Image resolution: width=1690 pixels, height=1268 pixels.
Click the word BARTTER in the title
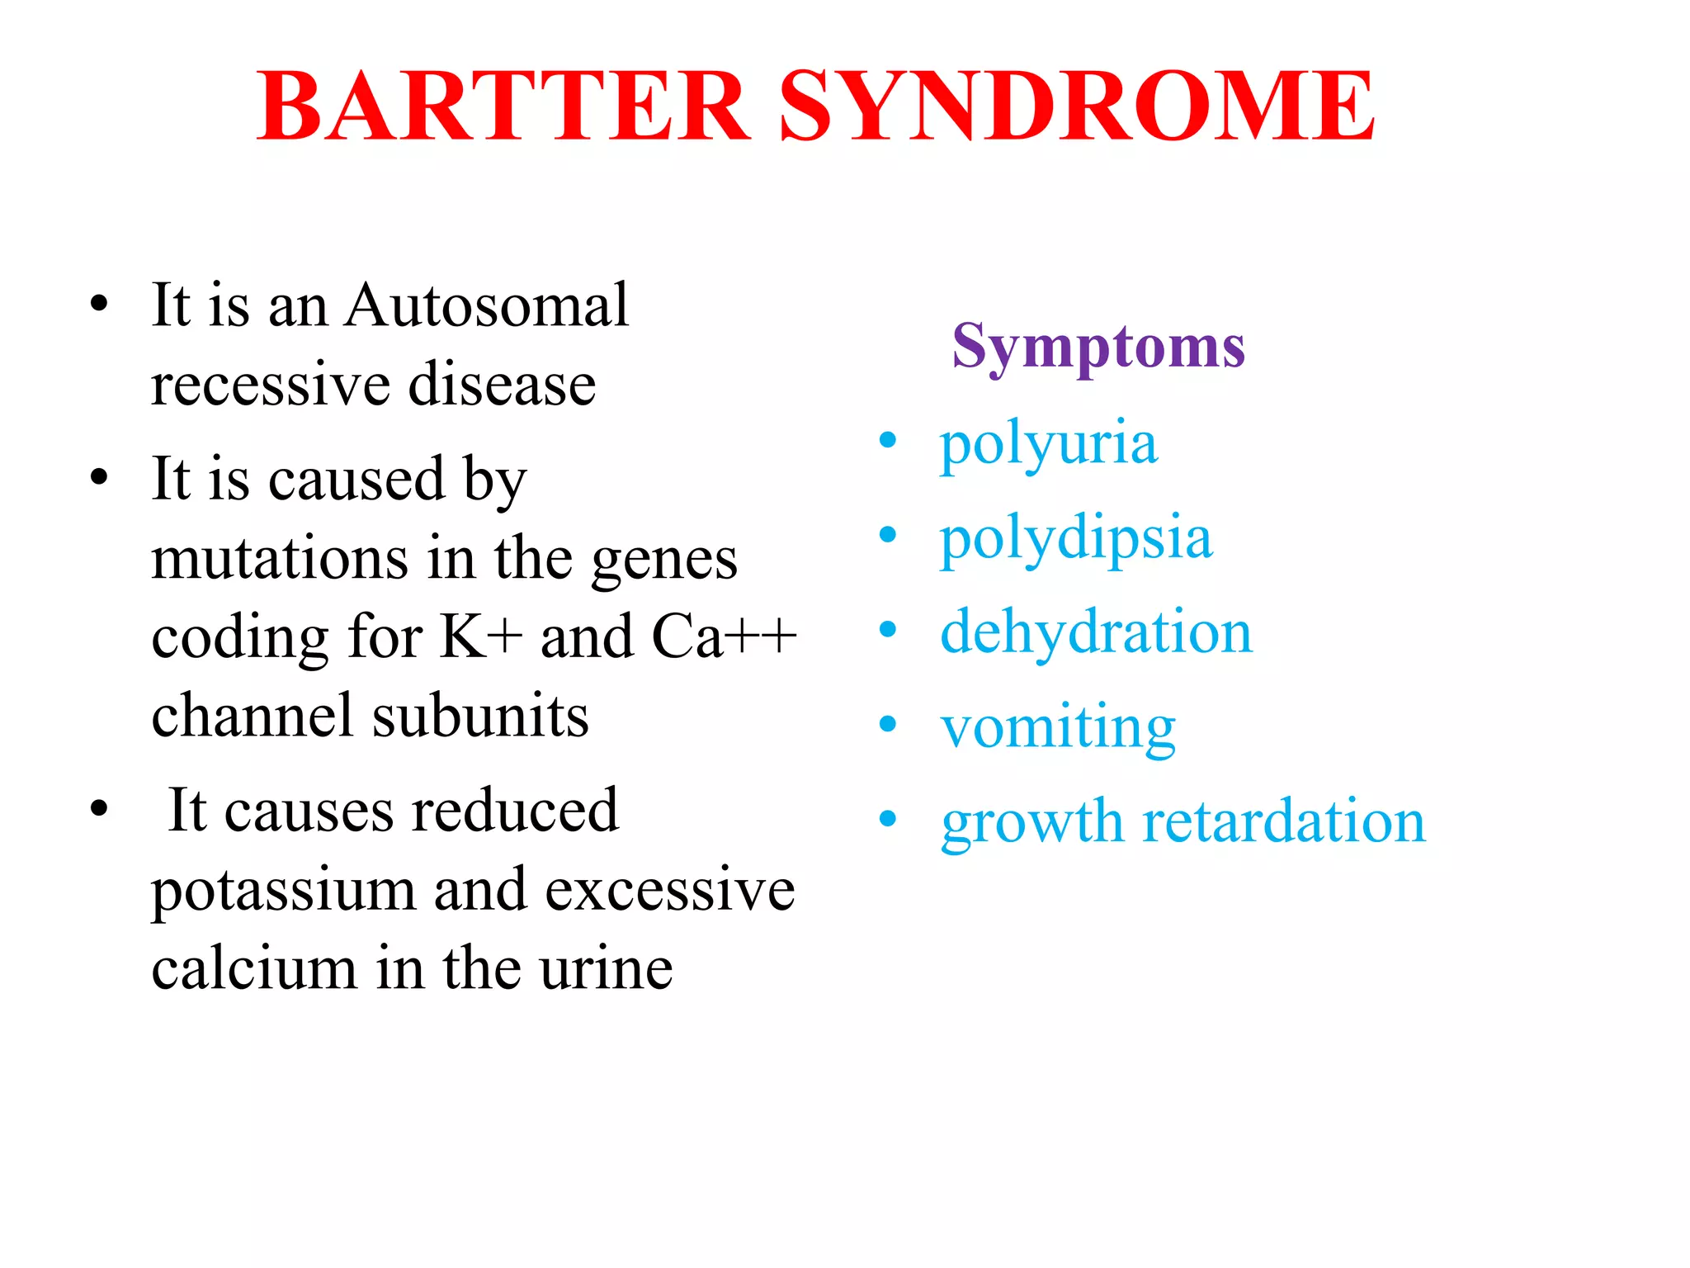click(503, 107)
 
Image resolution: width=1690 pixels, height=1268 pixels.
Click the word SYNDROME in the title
click(1077, 107)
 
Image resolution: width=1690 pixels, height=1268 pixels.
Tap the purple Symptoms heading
click(1098, 347)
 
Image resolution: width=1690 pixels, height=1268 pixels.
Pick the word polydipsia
click(1076, 539)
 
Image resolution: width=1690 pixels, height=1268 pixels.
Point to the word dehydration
click(1096, 632)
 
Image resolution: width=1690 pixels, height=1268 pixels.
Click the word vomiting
click(1058, 728)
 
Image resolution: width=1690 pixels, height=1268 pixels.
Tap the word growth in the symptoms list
click(1032, 823)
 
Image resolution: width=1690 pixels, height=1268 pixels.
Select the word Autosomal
click(487, 305)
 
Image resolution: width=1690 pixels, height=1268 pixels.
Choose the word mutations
click(280, 559)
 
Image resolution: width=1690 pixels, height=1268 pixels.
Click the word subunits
click(480, 716)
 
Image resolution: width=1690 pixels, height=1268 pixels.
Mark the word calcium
click(253, 969)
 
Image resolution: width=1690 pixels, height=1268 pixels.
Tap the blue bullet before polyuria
click(888, 441)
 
